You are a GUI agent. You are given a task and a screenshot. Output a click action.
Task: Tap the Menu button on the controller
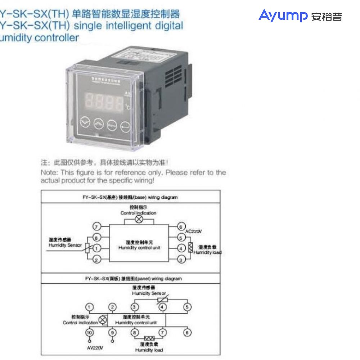111,125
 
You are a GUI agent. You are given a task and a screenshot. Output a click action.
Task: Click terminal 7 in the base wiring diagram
96,226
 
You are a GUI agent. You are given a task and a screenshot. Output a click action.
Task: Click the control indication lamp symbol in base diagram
139,220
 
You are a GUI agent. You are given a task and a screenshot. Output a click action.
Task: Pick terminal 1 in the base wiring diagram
96,248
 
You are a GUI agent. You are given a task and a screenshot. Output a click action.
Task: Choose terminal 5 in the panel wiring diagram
187,307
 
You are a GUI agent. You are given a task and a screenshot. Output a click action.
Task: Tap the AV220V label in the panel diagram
95,348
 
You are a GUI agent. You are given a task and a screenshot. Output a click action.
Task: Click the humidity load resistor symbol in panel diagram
149,338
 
